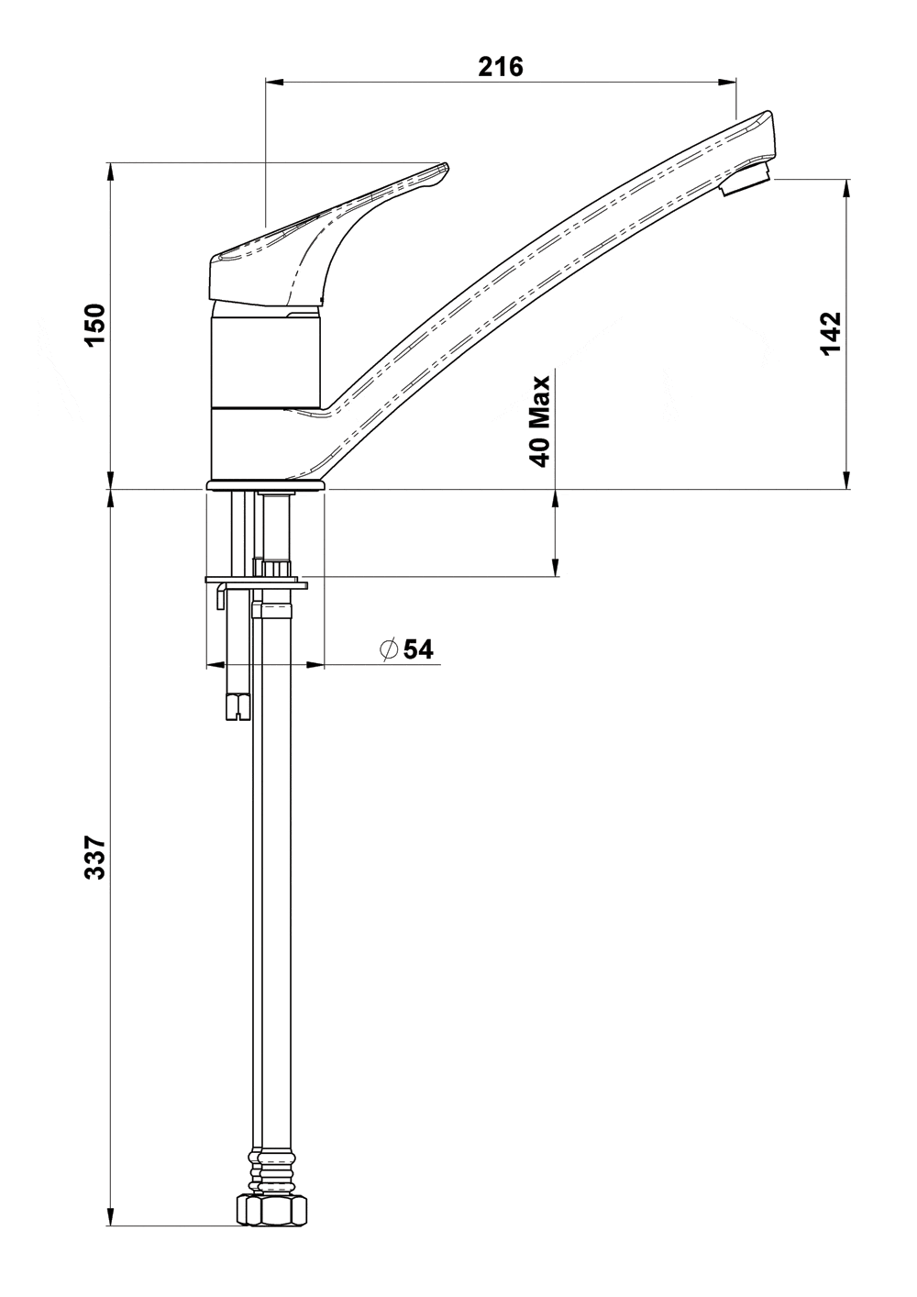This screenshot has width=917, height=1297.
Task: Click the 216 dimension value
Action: pos(501,66)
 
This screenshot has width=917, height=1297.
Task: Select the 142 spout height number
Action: pos(830,333)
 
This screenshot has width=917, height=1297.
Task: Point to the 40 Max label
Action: pos(541,421)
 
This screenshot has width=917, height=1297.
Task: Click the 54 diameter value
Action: pos(418,649)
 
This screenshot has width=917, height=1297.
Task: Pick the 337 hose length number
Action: pos(96,858)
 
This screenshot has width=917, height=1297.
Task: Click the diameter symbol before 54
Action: pos(388,649)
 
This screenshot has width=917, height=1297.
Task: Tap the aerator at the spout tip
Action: pos(745,181)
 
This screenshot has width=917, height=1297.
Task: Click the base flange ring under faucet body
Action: pos(266,485)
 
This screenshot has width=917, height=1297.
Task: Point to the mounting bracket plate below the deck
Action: pos(257,582)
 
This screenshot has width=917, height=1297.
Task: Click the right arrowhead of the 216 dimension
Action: pos(729,82)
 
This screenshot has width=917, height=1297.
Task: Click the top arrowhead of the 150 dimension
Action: pos(111,172)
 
